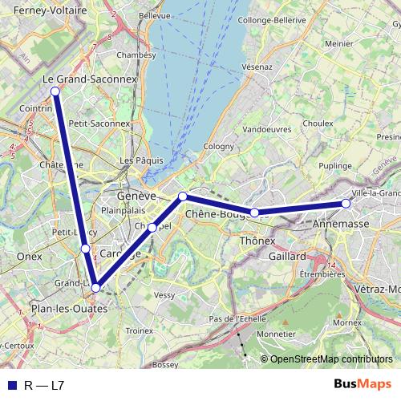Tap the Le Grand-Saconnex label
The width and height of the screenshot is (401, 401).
coord(90,81)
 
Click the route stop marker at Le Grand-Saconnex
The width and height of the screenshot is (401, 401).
coord(55,91)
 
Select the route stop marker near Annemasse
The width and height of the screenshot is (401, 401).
coord(346,204)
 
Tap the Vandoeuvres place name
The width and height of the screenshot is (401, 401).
coord(266,128)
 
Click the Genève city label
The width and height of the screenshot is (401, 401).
coord(136,196)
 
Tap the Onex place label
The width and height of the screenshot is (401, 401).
coord(29,256)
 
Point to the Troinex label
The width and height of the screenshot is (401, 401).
coord(140,330)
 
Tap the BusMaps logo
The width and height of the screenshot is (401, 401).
coord(367,385)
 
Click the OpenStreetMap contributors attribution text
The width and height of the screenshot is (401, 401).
coord(331,359)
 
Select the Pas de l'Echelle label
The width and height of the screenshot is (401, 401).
coord(237,318)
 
